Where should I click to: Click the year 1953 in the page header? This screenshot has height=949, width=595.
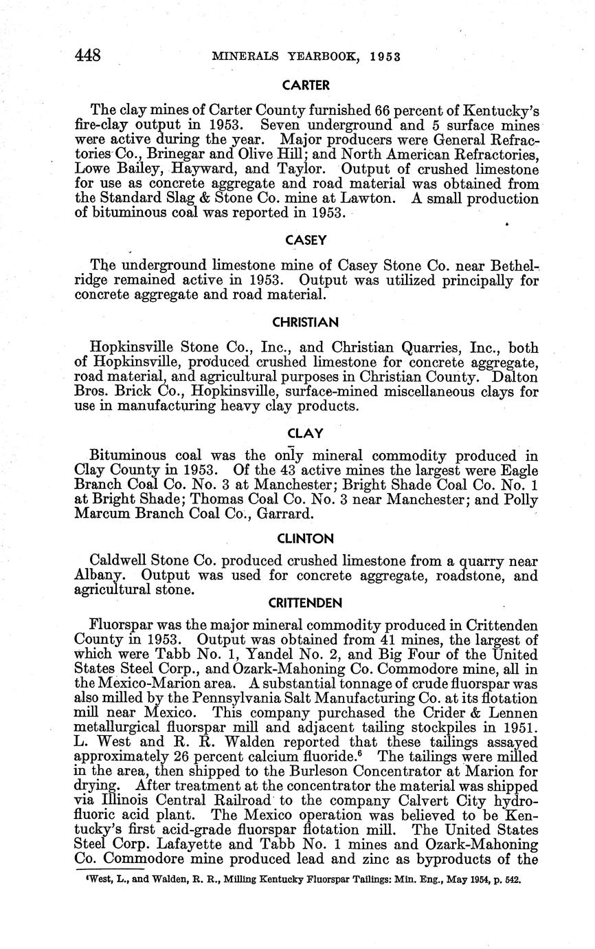(383, 56)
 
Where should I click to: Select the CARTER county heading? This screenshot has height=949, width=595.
(306, 86)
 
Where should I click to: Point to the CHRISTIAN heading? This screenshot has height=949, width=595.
(306, 322)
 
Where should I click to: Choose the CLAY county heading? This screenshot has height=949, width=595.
(306, 434)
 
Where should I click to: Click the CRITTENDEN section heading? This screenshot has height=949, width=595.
(306, 603)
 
